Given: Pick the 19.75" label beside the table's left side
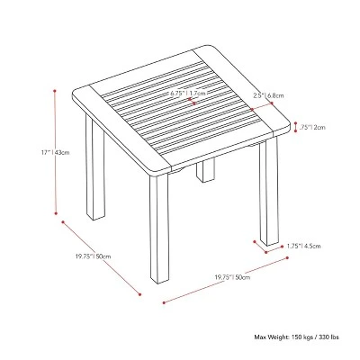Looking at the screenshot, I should [94, 256].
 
